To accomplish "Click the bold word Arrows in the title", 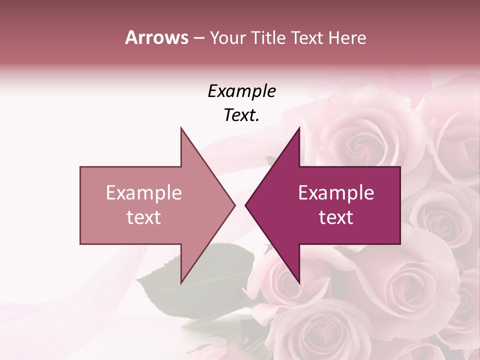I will click(156, 37).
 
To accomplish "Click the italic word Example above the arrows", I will click(241, 91).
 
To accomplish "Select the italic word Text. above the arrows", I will click(241, 115).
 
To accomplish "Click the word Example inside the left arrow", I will click(144, 192).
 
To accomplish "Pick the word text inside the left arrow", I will click(144, 217).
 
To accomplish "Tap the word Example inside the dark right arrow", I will click(336, 192).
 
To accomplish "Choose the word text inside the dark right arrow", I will click(336, 217).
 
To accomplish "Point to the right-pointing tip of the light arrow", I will click(234, 205).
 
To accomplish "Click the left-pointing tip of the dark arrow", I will click(245, 205).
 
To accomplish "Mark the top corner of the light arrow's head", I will click(181, 128).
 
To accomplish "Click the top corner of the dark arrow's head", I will click(299, 128).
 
